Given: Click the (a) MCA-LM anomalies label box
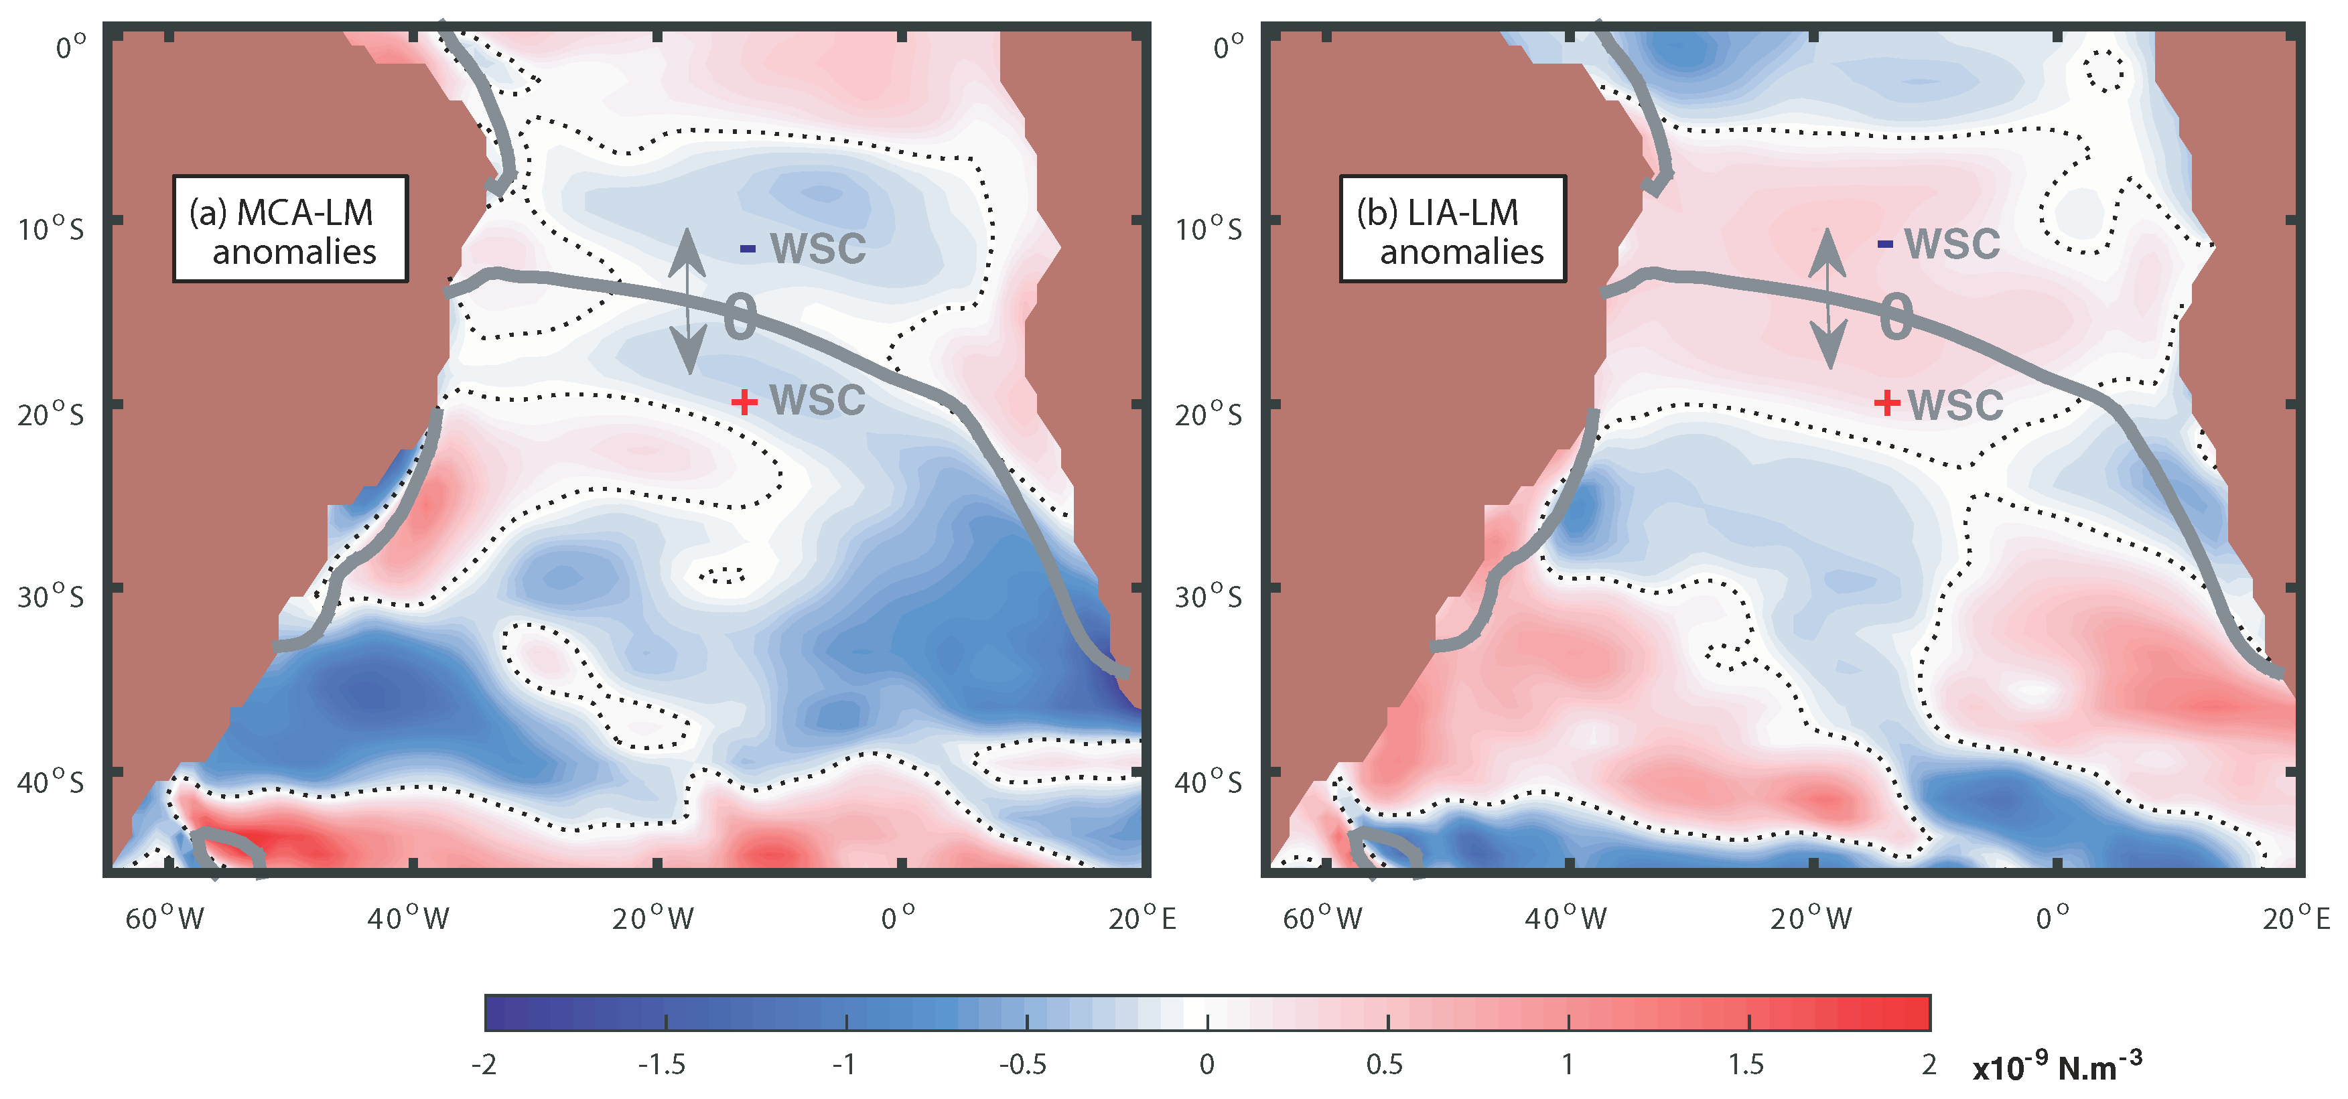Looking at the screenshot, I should [290, 229].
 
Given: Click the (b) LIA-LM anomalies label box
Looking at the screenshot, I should [1452, 229].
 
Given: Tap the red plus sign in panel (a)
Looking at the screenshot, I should [744, 401].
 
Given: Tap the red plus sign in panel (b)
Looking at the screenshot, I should [1886, 402].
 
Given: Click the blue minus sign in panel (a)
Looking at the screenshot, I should [748, 248].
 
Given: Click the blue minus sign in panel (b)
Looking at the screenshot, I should [1885, 243].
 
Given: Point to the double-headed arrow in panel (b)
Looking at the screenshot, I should [1827, 299].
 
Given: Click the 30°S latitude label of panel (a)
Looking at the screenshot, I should [51, 597].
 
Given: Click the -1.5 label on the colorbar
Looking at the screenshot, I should [662, 1064].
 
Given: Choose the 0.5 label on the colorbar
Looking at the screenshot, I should [1385, 1064].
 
